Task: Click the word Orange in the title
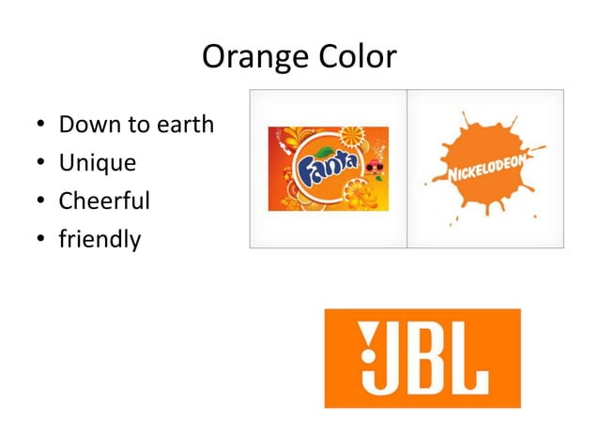(x=248, y=58)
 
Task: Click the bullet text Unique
(x=98, y=163)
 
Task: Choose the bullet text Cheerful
(x=104, y=202)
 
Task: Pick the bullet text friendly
(x=100, y=240)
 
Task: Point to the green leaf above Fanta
(x=322, y=152)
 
